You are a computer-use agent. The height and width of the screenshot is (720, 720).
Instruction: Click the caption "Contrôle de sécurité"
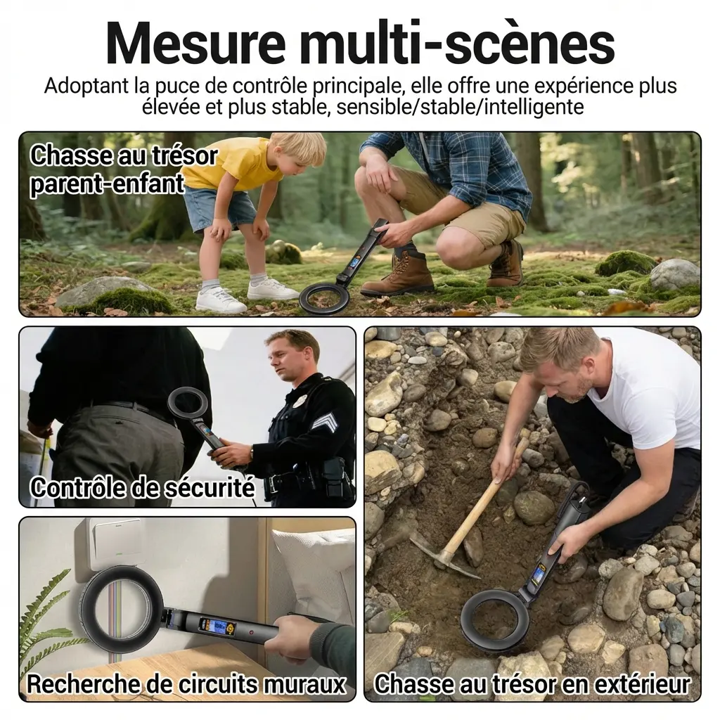coord(143,487)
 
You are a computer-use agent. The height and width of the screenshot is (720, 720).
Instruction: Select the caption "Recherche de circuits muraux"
coord(186,683)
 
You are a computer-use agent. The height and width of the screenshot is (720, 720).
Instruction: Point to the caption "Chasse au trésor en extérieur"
coord(532,683)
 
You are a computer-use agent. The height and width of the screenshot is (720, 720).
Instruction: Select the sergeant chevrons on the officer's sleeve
coord(324,422)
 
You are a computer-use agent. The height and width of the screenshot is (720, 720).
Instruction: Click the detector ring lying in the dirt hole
coord(495,619)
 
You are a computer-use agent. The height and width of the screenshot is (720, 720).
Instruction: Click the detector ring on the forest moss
coord(323,297)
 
